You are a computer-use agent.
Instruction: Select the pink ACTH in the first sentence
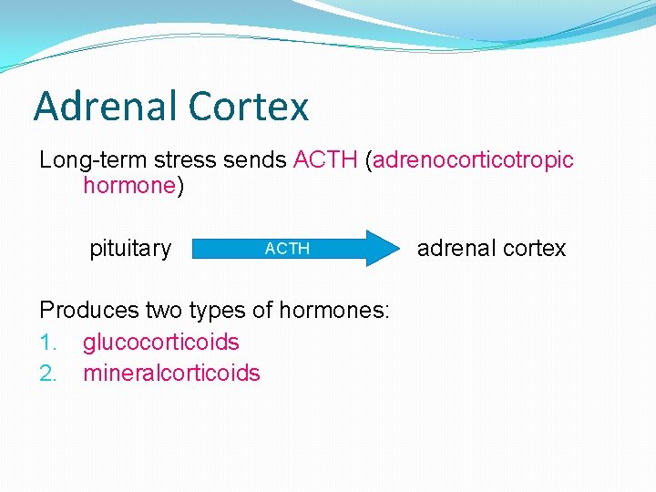[325, 160]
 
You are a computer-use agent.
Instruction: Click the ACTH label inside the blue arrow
[287, 249]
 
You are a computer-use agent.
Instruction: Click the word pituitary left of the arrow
[130, 249]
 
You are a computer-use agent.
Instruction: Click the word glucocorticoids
[161, 343]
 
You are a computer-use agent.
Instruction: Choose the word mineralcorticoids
[171, 374]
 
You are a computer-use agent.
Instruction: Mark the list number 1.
[47, 343]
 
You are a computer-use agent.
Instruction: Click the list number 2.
[48, 374]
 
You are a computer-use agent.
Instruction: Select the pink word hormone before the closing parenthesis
[128, 187]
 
